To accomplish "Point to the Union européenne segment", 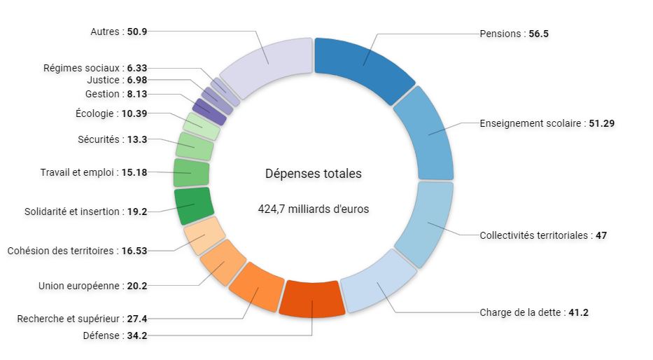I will pyautogui.click(x=223, y=264).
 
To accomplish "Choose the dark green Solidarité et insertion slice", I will pyautogui.click(x=192, y=205).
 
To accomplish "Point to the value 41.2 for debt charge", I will pyautogui.click(x=578, y=312).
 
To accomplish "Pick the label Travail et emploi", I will pyautogui.click(x=77, y=172).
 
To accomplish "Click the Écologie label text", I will pyautogui.click(x=95, y=113).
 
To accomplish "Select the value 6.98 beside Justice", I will pyautogui.click(x=137, y=80).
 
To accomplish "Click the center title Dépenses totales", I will pyautogui.click(x=314, y=174).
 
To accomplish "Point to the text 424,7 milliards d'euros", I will pyautogui.click(x=314, y=209).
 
